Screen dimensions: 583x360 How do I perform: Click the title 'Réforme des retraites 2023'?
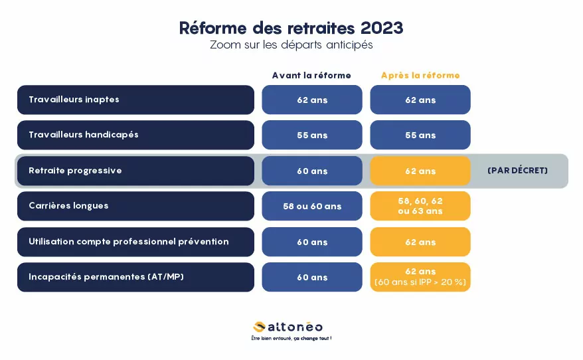(x=291, y=28)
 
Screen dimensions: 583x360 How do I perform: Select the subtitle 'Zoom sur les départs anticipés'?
(x=291, y=45)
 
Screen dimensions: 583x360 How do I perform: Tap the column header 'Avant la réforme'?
(x=311, y=76)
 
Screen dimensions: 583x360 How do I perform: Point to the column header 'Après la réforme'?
(x=420, y=76)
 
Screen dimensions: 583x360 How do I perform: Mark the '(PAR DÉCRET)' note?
(x=517, y=170)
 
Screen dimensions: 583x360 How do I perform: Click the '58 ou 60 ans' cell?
(x=312, y=206)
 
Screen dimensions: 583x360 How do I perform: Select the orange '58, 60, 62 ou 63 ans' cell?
(x=420, y=206)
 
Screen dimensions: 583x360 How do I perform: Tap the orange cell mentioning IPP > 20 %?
(x=420, y=277)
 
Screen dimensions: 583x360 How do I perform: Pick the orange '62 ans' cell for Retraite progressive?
(x=420, y=171)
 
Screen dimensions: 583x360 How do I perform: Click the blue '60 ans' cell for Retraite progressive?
(x=312, y=171)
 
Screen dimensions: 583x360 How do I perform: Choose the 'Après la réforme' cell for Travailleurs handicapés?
(x=420, y=135)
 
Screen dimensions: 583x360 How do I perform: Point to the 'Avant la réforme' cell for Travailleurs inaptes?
(x=312, y=100)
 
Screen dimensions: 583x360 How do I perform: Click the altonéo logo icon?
(x=259, y=327)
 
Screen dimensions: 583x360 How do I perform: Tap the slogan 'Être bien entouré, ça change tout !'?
(x=291, y=339)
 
